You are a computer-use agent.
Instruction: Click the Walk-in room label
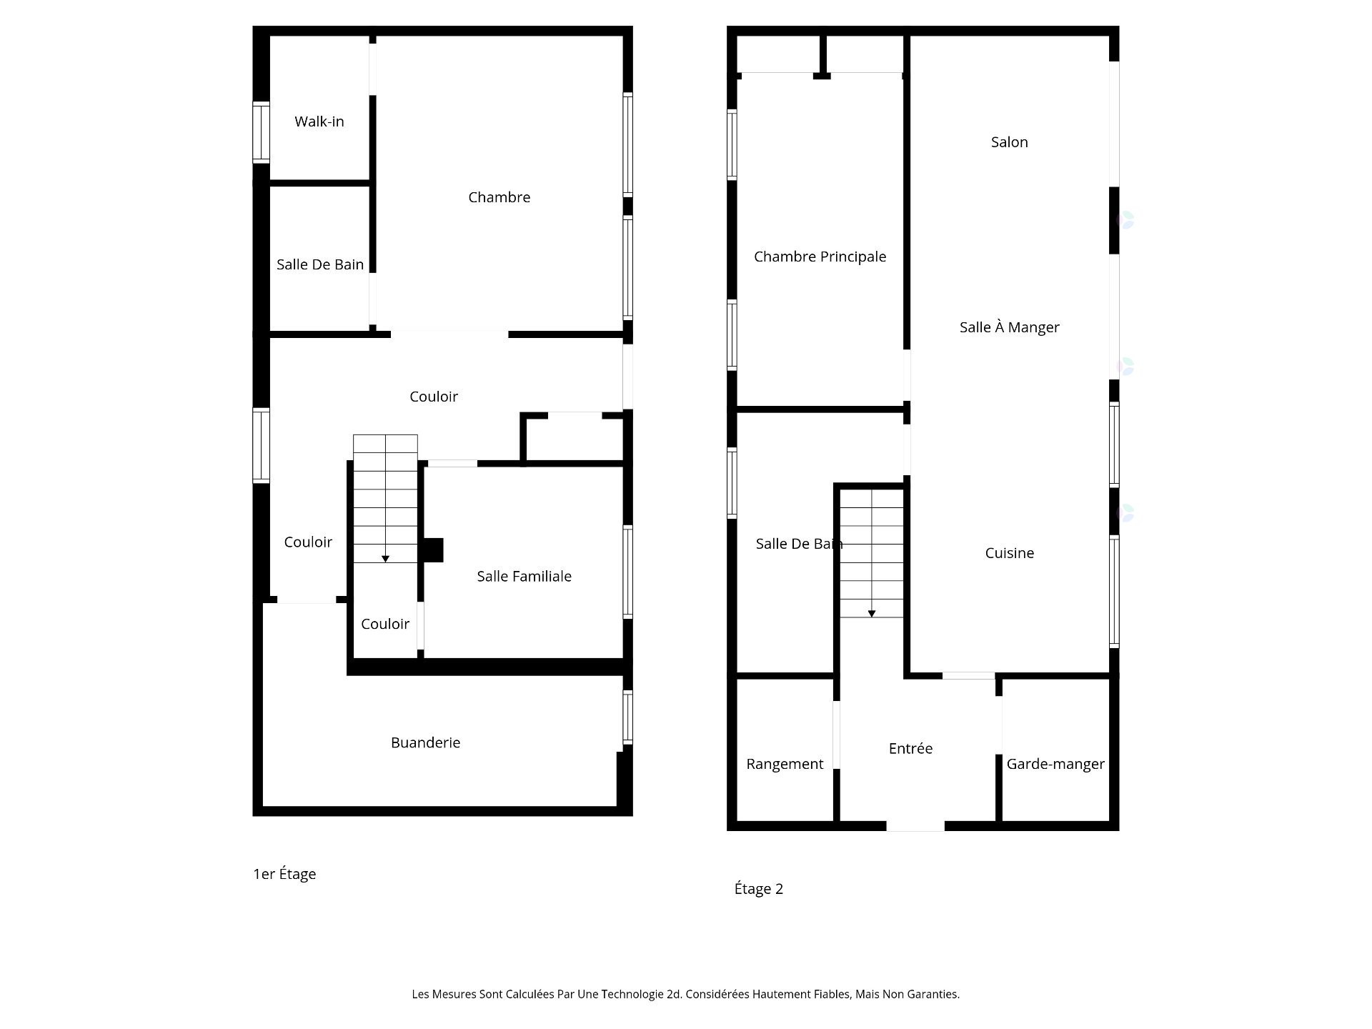coord(319,121)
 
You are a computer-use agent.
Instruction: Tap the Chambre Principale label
coord(820,257)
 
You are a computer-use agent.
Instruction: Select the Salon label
coord(1009,142)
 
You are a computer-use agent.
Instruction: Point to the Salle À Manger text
coord(1009,327)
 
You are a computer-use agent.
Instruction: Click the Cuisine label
coord(1009,553)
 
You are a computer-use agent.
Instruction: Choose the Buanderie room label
coord(425,742)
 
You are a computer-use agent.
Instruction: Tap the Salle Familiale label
coord(524,576)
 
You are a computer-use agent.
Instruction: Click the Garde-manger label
coord(1055,764)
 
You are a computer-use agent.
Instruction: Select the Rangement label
coord(785,764)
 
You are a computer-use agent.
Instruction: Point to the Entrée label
coord(910,748)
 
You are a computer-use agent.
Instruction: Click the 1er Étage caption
coord(284,873)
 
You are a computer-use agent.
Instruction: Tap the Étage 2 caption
coord(759,888)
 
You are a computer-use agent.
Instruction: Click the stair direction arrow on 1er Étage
coord(385,559)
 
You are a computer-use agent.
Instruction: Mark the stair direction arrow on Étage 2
coord(871,613)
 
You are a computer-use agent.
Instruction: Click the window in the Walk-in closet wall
coord(261,132)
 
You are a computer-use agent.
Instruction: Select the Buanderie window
coord(627,717)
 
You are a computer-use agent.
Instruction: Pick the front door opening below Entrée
coord(915,826)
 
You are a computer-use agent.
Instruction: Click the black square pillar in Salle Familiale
coord(434,550)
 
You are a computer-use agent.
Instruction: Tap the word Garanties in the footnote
coord(933,994)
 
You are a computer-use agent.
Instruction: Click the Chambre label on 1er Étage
coord(499,197)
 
